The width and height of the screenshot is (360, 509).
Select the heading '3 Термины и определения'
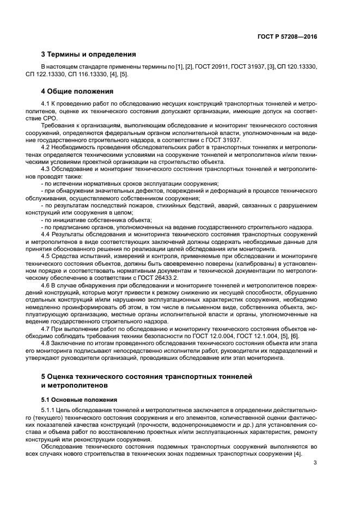pyautogui.click(x=89, y=54)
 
